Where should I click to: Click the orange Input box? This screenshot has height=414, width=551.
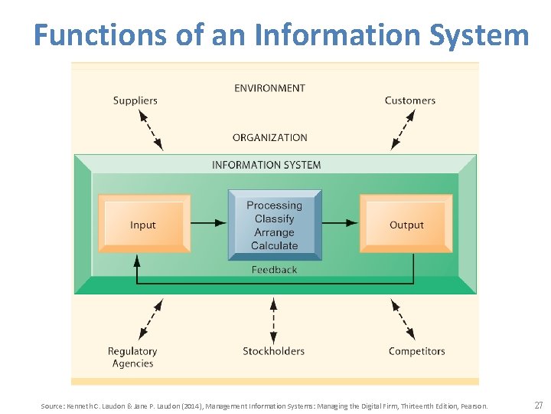143,224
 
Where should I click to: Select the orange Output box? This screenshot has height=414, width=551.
406,224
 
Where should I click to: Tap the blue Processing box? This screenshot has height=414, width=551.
274,225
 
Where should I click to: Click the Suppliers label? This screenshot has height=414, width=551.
135,100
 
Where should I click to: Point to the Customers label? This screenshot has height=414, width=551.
409,100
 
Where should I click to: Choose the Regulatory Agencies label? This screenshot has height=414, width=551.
132,357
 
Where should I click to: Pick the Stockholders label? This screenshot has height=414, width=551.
273,351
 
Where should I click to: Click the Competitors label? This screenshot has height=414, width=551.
416,351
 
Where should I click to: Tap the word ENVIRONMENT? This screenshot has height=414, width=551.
269,88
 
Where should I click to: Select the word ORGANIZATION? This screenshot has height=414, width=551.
269,138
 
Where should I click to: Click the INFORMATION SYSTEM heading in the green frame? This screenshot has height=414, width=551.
266,165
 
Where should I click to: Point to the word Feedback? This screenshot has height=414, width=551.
274,270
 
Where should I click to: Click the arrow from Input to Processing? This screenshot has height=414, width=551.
208,223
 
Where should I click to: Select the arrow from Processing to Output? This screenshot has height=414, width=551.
340,223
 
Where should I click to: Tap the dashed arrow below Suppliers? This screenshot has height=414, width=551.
151,129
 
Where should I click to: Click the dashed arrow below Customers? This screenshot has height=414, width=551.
403,129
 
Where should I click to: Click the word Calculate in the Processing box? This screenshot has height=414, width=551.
274,246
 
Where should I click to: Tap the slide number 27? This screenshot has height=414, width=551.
538,405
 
